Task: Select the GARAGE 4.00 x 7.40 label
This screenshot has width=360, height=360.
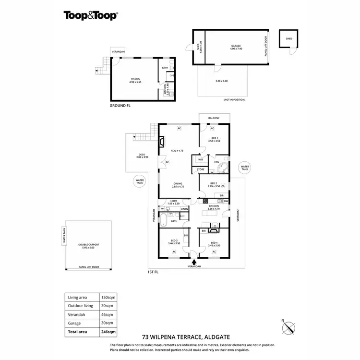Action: tap(232, 47)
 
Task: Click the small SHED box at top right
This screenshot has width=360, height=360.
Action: tap(288, 38)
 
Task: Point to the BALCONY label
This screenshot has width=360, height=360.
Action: tap(214, 118)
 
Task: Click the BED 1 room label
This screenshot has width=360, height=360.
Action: tap(214, 140)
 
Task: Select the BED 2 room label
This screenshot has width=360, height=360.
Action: tap(214, 184)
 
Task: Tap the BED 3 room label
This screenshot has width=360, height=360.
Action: tap(174, 242)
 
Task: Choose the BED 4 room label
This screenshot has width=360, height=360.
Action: tap(214, 242)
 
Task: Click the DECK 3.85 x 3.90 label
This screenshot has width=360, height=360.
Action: tap(143, 156)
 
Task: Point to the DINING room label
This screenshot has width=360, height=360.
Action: tap(178, 184)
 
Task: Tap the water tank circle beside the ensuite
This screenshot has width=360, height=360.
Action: tap(245, 167)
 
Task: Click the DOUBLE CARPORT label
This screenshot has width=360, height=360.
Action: tap(88, 246)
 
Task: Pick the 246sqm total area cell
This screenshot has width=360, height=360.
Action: tap(107, 331)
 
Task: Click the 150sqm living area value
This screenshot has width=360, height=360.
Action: tap(107, 298)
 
